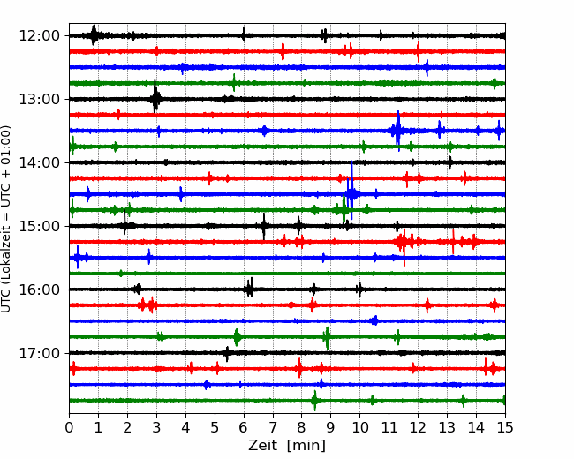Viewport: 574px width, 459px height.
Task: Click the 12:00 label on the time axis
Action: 39,36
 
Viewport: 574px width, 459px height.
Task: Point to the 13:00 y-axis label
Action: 39,99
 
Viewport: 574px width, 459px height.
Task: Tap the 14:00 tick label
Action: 39,162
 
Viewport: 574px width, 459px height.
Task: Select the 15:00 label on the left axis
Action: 39,226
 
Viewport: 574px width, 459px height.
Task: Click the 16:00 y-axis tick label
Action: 39,290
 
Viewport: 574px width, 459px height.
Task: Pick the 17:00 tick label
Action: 39,353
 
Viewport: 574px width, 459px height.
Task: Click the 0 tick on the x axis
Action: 69,427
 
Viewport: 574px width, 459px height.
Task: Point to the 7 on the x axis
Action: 272,427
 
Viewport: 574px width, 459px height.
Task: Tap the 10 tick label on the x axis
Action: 359,427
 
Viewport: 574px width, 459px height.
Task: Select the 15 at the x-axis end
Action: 505,427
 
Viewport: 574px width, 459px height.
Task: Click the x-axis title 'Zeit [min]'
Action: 287,446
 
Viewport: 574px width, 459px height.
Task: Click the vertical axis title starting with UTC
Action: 5,219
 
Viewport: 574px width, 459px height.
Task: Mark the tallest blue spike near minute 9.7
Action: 351,190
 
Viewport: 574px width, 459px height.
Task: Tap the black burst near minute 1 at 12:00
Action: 94,35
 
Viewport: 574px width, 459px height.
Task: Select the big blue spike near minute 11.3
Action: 398,131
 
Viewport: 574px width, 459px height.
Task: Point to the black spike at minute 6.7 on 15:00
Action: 263,226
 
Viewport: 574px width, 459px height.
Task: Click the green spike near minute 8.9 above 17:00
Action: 328,337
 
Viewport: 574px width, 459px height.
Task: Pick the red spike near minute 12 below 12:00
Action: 418,51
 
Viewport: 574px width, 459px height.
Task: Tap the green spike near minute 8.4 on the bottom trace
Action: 314,401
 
